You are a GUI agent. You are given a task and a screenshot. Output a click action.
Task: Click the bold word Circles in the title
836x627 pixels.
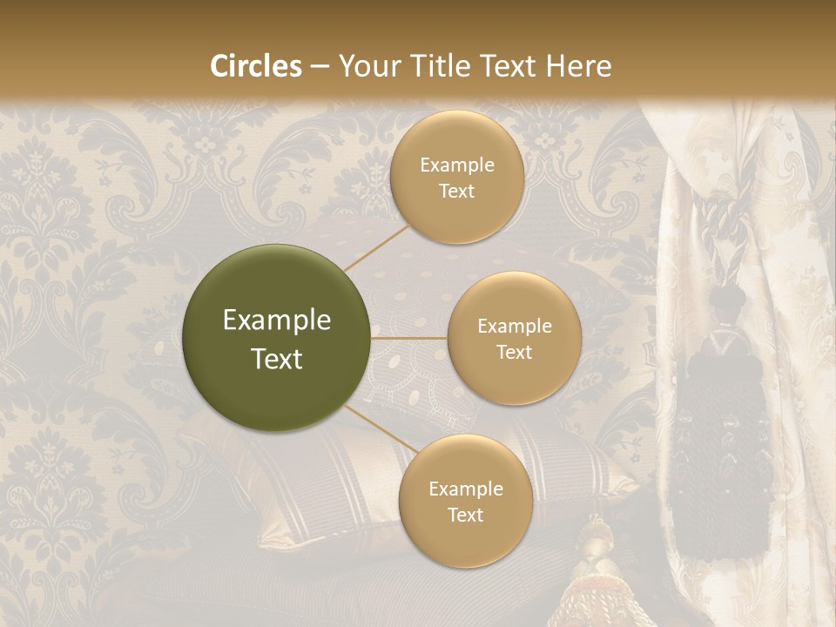pyautogui.click(x=256, y=66)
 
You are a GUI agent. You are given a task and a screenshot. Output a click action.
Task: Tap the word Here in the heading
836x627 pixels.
pyautogui.click(x=579, y=66)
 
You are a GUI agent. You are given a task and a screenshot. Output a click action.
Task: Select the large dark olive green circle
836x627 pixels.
pyautogui.click(x=277, y=338)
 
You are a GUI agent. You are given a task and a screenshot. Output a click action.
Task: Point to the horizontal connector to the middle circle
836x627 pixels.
pyautogui.click(x=408, y=338)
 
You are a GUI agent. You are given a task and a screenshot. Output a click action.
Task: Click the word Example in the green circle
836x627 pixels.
pyautogui.click(x=277, y=320)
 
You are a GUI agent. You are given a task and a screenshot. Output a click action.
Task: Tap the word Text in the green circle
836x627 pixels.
pyautogui.click(x=277, y=359)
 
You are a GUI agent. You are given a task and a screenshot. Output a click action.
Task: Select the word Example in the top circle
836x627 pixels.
pyautogui.click(x=456, y=165)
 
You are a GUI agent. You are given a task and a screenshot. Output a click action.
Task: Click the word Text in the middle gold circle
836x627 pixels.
pyautogui.click(x=514, y=353)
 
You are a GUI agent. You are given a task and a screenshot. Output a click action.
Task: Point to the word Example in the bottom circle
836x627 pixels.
pyautogui.click(x=465, y=489)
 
